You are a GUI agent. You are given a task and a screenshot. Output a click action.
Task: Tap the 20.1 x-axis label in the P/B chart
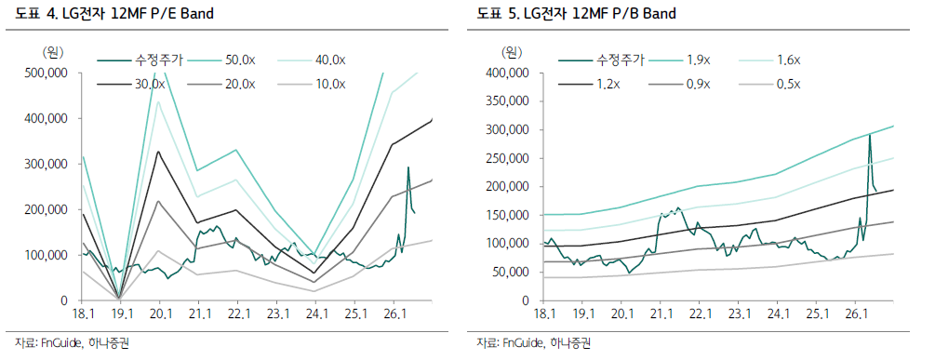click(x=621, y=313)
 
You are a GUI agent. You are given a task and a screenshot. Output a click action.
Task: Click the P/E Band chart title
click(x=114, y=14)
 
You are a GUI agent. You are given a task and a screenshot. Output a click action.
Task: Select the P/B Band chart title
click(x=577, y=14)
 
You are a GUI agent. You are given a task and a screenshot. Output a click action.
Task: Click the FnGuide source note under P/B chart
click(x=533, y=342)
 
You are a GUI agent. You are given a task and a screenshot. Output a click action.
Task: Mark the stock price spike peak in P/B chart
click(x=869, y=135)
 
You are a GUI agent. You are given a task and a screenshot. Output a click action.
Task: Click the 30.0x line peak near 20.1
click(x=158, y=152)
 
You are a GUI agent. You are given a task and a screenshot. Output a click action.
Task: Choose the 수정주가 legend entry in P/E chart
click(x=140, y=60)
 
